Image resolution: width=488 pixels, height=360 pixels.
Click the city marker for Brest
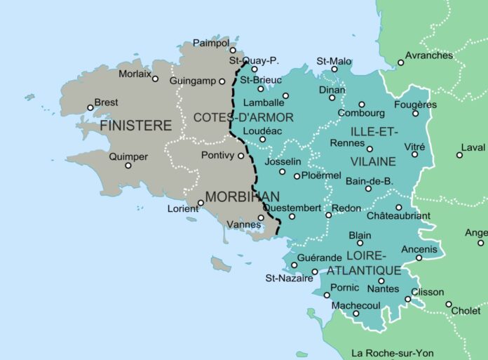click(90, 107)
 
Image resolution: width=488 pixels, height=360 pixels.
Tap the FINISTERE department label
click(136, 126)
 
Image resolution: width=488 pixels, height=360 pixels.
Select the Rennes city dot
click(370, 149)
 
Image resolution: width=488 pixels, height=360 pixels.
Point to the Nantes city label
click(383, 289)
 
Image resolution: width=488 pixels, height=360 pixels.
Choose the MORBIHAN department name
click(243, 196)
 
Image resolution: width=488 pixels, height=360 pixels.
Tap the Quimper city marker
click(128, 165)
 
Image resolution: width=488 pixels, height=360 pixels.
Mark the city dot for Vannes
click(261, 218)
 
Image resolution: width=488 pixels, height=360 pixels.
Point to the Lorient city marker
click(201, 203)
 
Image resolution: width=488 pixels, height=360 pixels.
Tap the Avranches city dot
click(401, 62)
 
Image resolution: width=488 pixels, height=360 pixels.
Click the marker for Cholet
click(449, 304)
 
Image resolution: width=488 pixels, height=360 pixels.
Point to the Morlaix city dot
click(155, 78)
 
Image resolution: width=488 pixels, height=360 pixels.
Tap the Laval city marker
click(460, 155)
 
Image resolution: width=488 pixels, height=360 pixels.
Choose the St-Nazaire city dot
click(315, 272)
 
